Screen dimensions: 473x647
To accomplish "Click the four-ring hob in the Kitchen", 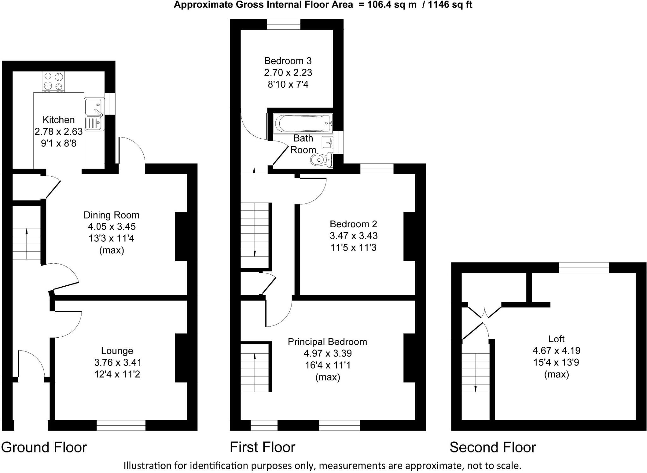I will pos(53,81).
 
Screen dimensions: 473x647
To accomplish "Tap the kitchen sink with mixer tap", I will pos(94,107).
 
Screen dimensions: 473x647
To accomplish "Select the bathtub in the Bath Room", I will pos(303,123).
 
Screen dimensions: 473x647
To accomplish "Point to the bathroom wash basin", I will pos(328,143).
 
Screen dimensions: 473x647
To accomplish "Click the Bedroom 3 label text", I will pos(288,61).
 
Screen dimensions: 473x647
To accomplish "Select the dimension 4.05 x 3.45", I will pos(112,227).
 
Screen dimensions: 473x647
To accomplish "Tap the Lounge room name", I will pos(117,351).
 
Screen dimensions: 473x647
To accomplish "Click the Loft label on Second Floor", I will pos(556,339).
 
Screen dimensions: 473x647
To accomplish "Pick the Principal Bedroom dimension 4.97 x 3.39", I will pos(328,353).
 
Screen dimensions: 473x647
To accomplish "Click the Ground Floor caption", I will pos(44,447).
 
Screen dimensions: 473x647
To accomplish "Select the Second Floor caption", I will pos(493,447).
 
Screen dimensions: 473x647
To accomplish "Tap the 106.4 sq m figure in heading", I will pos(392,5).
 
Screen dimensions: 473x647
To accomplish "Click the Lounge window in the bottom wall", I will pos(121,425).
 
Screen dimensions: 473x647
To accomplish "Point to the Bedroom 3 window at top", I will pos(283,24).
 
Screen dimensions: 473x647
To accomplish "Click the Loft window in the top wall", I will pos(584,268).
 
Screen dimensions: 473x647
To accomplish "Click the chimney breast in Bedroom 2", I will pos(409,236).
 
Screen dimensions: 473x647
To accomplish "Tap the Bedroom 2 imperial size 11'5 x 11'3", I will pos(353,247).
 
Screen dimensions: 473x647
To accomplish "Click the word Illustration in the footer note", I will pos(147,465).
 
